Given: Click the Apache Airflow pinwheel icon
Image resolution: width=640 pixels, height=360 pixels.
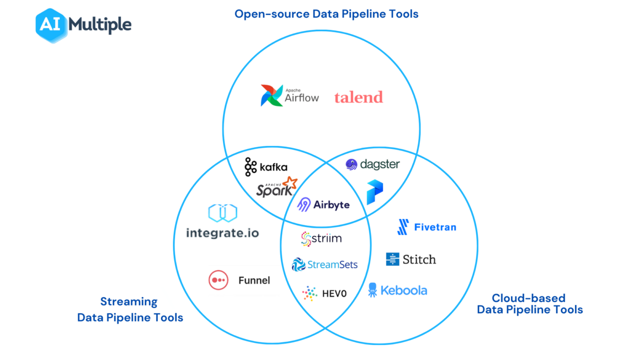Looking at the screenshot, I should tap(271, 95).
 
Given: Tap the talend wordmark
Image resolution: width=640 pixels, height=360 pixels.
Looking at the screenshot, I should tap(358, 98).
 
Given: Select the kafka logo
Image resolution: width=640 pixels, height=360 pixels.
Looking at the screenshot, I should tap(266, 166).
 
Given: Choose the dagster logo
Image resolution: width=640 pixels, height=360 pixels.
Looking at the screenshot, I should tap(372, 164).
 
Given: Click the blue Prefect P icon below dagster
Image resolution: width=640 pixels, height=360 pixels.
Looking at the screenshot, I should tap(375, 192).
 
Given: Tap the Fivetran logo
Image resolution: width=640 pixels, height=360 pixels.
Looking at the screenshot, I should tap(426, 227).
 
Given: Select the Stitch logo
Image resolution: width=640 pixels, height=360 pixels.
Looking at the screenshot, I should tap(411, 259).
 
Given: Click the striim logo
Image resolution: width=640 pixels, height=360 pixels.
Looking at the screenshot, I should tap(321, 239).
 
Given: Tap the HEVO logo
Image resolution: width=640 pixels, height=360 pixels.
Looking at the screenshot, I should tap(324, 293).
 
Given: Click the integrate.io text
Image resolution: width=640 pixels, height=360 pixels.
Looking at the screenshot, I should tap(222, 233).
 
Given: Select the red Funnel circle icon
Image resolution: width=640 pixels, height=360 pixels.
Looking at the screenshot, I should tap(218, 280).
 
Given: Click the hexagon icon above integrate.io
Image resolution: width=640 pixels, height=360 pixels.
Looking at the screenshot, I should tap(222, 213).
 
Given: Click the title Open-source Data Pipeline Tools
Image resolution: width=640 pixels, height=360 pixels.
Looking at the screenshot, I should tap(326, 14).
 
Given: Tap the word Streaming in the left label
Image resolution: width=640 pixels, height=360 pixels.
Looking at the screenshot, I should tap(129, 302).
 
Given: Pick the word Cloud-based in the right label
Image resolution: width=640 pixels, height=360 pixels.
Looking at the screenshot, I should tap(528, 298).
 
